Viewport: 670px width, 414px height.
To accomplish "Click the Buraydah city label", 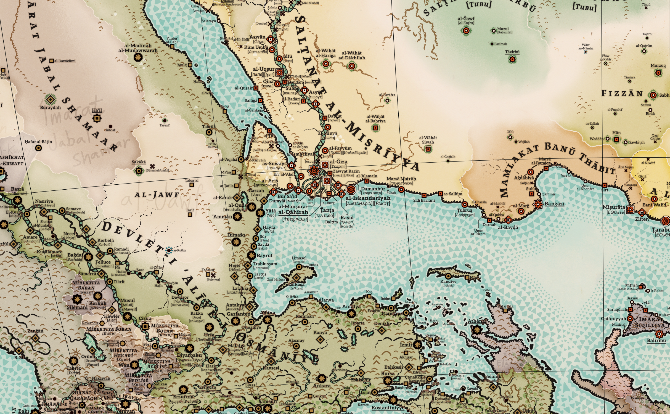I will pyautogui.click(x=50, y=108).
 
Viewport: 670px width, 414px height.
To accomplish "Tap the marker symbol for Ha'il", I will pyautogui.click(x=97, y=118).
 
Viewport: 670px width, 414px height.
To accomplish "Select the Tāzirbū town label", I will pyautogui.click(x=512, y=52).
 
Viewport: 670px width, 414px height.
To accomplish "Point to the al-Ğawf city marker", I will pyautogui.click(x=466, y=31).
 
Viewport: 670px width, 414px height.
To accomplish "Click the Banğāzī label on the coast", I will pyautogui.click(x=554, y=204).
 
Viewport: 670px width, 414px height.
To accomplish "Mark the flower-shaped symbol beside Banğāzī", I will pyautogui.click(x=538, y=205).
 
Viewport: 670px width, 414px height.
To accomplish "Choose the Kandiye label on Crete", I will pyautogui.click(x=448, y=282).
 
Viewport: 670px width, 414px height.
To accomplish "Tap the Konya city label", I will pyautogui.click(x=320, y=333).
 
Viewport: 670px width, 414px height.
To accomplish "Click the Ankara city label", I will pyautogui.click(x=322, y=386).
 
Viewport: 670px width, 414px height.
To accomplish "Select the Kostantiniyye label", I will pyautogui.click(x=388, y=408).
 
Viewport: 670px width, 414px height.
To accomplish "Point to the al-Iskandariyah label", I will pyautogui.click(x=368, y=198).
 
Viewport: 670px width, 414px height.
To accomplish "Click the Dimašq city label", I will pyautogui.click(x=236, y=235).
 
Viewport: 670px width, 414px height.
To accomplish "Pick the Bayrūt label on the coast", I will pyautogui.click(x=264, y=256).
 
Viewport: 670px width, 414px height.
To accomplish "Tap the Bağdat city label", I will pyautogui.click(x=75, y=255).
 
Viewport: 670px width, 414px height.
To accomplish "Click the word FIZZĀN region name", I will pyautogui.click(x=622, y=94).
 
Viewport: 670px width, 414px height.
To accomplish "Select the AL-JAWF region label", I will pyautogui.click(x=157, y=195).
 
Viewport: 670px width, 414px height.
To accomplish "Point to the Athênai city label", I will pyautogui.click(x=477, y=321).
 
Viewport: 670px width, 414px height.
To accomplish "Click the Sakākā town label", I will pyautogui.click(x=139, y=162).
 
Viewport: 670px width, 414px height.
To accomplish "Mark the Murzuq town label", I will pyautogui.click(x=658, y=65).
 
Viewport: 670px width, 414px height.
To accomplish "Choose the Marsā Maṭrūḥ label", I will pyautogui.click(x=401, y=179).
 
